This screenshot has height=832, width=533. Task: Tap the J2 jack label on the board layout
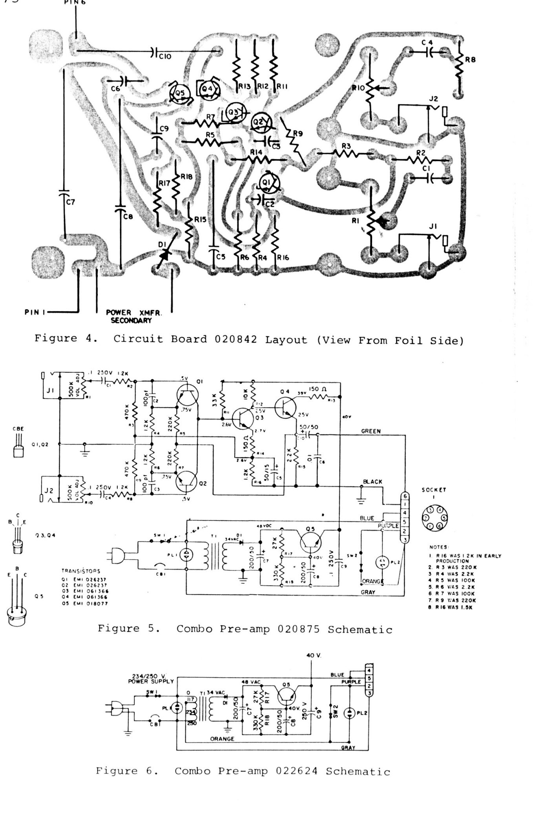click(433, 99)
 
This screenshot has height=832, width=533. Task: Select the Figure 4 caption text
click(249, 340)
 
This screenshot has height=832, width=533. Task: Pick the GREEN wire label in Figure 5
click(371, 431)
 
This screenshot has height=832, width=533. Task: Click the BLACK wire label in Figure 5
click(372, 481)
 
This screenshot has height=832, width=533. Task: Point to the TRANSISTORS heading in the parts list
click(80, 571)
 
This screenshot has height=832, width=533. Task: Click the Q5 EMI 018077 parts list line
click(84, 603)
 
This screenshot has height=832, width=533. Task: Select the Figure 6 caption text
click(243, 771)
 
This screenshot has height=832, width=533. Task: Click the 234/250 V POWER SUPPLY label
click(151, 679)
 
